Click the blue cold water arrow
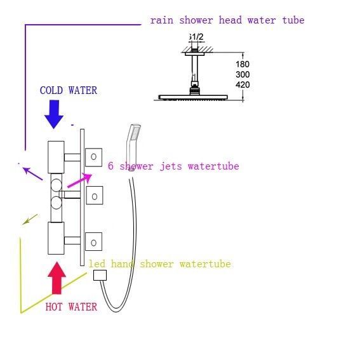coord(54,114)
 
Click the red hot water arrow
coord(57,278)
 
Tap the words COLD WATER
coord(69,90)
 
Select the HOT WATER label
coord(71,307)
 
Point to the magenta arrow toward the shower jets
coord(79,181)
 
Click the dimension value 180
coord(243,64)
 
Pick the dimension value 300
coord(243,74)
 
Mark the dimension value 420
coord(243,84)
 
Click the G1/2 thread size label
coord(196,37)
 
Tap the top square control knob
coord(94,157)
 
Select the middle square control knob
coord(95,196)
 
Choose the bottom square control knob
coord(94,241)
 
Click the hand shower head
coord(133,147)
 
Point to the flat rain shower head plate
coord(193,97)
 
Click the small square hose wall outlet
coord(100,275)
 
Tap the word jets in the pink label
coord(171,166)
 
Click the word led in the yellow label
coord(97,263)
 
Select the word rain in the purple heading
coord(162,20)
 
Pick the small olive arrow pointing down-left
coord(30,219)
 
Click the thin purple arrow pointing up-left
coord(32,174)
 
